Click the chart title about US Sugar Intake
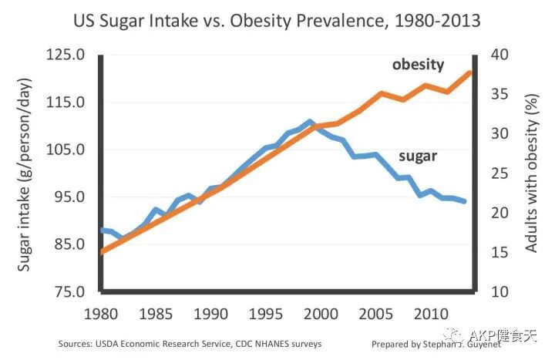277,21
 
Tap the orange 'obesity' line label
418,65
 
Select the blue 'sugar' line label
418,156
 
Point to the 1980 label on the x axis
101,315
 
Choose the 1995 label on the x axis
266,315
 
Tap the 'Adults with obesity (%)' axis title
531,173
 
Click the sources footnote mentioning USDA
190,344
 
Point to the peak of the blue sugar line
309,121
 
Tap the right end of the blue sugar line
466,201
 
